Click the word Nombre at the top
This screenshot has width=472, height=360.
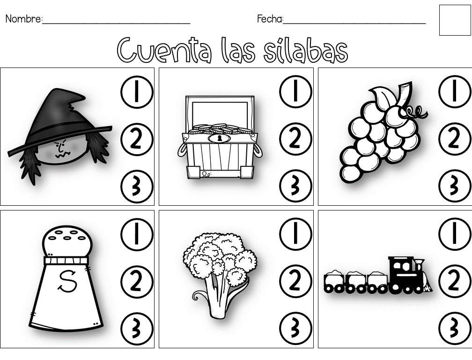[x=23, y=19]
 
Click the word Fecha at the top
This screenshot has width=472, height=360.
[x=270, y=19]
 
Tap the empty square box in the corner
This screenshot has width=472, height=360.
[x=455, y=20]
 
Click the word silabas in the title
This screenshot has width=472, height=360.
[x=305, y=50]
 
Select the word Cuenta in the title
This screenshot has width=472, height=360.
[x=164, y=50]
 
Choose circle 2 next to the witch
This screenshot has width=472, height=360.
[x=137, y=140]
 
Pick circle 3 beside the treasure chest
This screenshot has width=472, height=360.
[x=295, y=186]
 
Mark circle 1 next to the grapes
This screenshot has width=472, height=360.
[x=455, y=91]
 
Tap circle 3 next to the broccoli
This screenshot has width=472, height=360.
[x=295, y=328]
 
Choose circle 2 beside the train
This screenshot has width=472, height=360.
[x=455, y=281]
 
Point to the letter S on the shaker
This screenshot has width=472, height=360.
[x=67, y=281]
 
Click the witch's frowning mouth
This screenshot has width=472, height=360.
[x=63, y=155]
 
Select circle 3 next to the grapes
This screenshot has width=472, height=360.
[x=455, y=186]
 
